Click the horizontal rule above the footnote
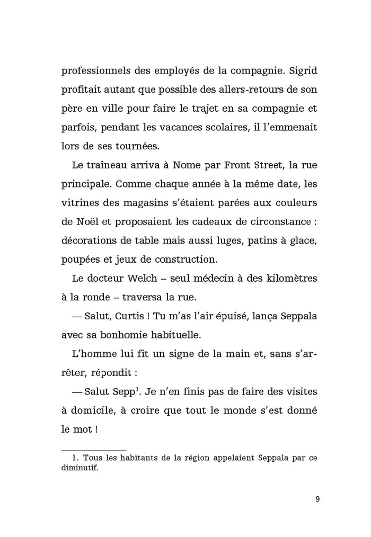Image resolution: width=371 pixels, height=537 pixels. [x=94, y=450]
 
